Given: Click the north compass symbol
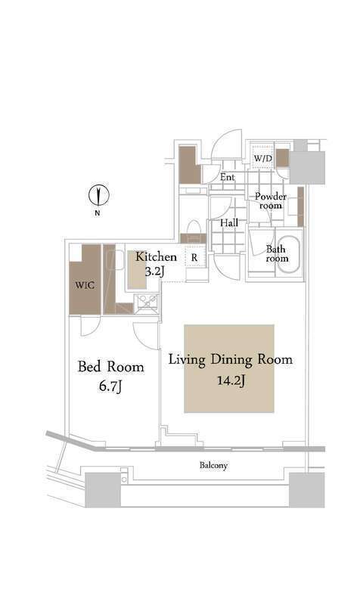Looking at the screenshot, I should click(98, 195).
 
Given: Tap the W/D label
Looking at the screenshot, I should click(262, 159).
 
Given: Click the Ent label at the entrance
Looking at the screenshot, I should click(228, 177).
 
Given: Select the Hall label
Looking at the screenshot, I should click(229, 224).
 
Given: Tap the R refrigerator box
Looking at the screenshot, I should click(194, 258).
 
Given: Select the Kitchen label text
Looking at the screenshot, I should click(156, 257).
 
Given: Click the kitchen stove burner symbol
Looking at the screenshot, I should click(145, 302).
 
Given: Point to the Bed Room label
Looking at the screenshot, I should click(111, 368).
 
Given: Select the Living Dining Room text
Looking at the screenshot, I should click(229, 359).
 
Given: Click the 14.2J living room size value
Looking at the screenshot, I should click(229, 382).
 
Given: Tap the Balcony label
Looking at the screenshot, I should click(213, 466).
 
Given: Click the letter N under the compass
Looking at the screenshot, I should click(98, 214).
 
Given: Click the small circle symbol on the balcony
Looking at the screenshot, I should click(123, 479).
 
